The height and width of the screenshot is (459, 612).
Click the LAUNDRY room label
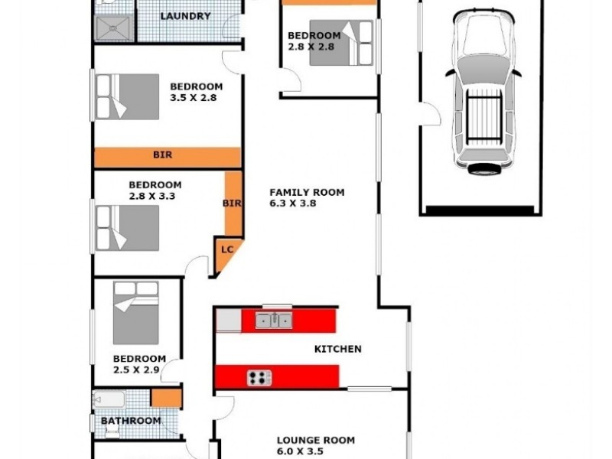pyautogui.click(x=185, y=16)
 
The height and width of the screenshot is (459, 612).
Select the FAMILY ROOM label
pyautogui.click(x=307, y=193)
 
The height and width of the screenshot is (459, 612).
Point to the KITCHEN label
pyautogui.click(x=337, y=349)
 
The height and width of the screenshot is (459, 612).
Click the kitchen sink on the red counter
pyautogui.click(x=274, y=321)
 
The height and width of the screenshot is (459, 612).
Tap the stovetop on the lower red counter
pyautogui.click(x=259, y=377)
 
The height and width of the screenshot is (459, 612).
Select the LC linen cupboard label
pyautogui.click(x=227, y=249)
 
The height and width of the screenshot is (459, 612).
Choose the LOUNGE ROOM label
pyautogui.click(x=315, y=440)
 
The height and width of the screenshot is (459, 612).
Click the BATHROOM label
pyautogui.click(x=131, y=421)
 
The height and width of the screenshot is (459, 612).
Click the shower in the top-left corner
pyautogui.click(x=112, y=27)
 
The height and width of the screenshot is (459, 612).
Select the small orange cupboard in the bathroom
pyautogui.click(x=165, y=398)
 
